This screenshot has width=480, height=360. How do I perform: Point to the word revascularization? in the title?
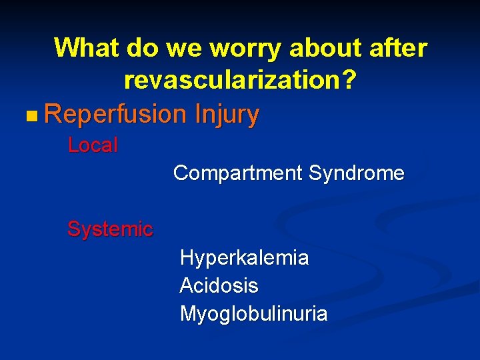[240, 81]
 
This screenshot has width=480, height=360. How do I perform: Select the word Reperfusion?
[115, 115]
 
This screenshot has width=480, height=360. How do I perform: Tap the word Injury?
[227, 115]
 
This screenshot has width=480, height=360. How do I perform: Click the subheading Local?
[93, 145]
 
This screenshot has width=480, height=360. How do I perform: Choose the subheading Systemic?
[110, 229]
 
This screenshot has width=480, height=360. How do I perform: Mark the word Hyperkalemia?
[244, 257]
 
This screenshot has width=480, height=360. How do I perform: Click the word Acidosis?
[219, 286]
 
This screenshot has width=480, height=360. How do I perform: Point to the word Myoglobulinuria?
[253, 314]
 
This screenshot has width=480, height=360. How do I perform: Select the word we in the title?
[181, 48]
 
